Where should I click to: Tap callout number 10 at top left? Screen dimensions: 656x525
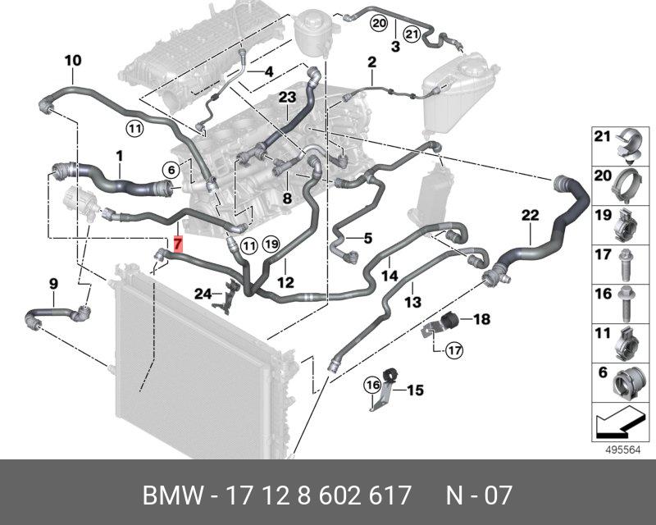click(73, 60)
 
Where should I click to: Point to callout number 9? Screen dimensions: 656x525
click(53, 284)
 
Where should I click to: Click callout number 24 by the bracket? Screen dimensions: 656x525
click(203, 293)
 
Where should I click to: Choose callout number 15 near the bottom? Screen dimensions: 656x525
click(415, 390)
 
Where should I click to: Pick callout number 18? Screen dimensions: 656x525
click(481, 319)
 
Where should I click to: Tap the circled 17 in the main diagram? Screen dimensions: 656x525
click(454, 351)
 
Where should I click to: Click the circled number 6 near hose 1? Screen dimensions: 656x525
click(170, 170)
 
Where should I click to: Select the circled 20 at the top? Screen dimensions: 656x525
click(377, 23)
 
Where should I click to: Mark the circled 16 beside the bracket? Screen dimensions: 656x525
click(373, 384)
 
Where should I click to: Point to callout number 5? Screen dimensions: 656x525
click(367, 239)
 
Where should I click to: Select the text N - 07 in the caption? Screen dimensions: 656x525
click(479, 496)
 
